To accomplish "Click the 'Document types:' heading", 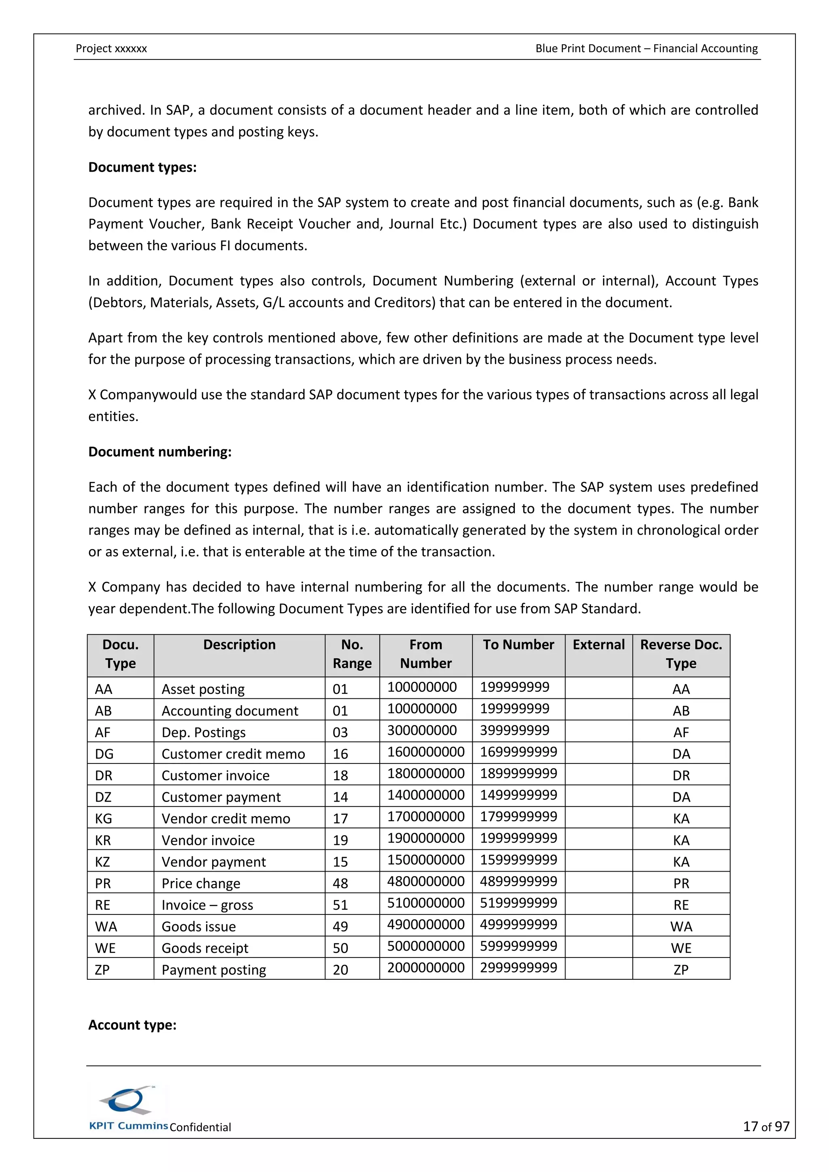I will click(x=142, y=168).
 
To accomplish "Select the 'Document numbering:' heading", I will click(x=160, y=452).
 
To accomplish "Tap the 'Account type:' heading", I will click(x=132, y=1025).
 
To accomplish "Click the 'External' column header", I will click(x=598, y=645).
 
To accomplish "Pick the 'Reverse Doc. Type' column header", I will click(x=681, y=654).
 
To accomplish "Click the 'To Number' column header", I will click(x=518, y=645).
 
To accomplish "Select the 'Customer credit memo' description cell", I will click(x=233, y=754).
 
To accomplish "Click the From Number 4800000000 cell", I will click(x=426, y=882).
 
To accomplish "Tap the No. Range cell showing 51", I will click(x=340, y=905).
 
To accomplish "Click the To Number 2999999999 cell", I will click(x=518, y=968).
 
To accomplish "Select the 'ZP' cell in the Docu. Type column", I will click(x=102, y=970).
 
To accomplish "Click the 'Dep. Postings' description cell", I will click(x=204, y=732).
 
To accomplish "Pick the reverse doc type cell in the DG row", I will click(x=681, y=754).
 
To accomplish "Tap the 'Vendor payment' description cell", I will click(x=213, y=862).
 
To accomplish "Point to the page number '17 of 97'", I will click(x=766, y=1127).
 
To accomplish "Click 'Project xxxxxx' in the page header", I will click(x=111, y=49).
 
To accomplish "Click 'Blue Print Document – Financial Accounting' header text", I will click(x=646, y=49).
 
